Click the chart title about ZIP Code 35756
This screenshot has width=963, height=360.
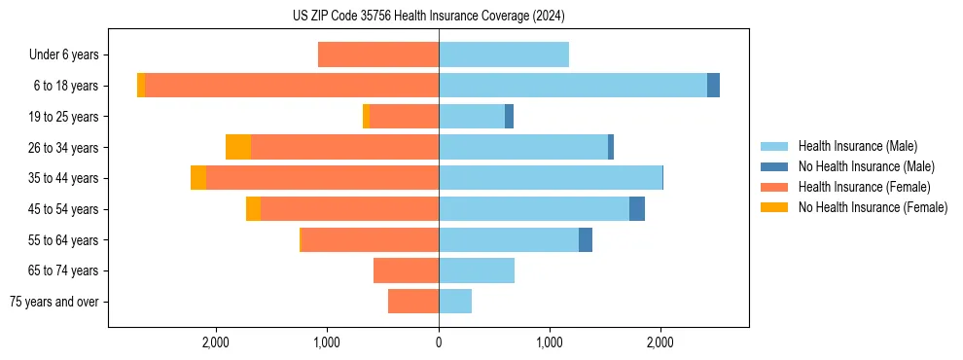(428, 17)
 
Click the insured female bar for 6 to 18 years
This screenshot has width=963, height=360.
(292, 86)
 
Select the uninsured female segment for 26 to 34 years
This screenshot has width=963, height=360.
(238, 147)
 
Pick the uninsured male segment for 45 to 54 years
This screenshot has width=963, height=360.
(637, 208)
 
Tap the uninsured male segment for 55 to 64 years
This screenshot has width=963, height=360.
(586, 239)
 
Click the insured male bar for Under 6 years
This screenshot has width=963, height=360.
(504, 55)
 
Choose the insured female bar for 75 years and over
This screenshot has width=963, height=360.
(413, 302)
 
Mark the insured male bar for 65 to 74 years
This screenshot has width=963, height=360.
(477, 270)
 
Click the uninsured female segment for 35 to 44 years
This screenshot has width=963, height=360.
(198, 178)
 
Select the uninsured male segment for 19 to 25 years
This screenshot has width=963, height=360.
(509, 117)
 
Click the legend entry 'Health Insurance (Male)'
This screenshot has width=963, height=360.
(857, 146)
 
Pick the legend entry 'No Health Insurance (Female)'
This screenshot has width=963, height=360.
(873, 207)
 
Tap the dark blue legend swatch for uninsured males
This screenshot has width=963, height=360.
(774, 166)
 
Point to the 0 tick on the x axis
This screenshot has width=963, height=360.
(439, 342)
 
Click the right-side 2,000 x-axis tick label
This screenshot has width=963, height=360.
(660, 342)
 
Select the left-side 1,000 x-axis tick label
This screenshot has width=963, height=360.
(327, 342)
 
